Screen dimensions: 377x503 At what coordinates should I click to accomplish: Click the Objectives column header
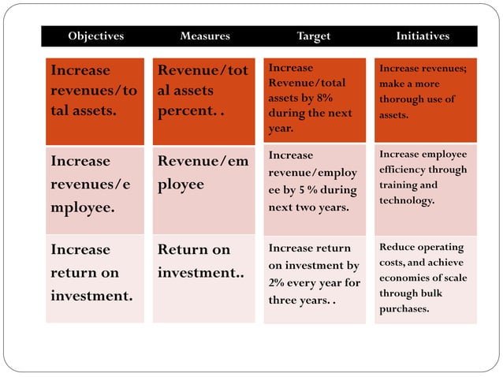95,36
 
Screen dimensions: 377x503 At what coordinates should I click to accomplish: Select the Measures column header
205,36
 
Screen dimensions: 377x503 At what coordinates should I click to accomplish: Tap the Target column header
313,36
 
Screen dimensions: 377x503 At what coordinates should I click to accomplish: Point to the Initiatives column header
423,36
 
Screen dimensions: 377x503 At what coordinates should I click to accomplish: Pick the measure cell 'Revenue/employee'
203,174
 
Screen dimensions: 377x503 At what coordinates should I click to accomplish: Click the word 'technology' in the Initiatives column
406,201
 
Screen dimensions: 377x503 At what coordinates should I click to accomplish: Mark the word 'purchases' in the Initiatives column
404,308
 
